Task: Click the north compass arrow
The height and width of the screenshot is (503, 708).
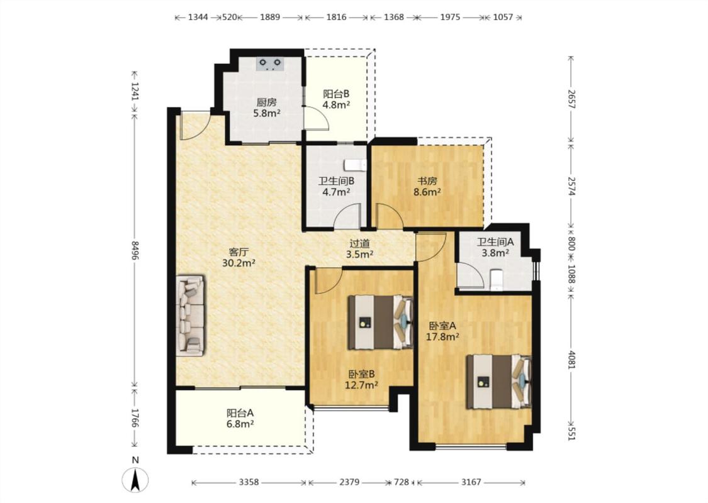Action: [x=135, y=480]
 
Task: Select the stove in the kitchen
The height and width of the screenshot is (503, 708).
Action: [x=269, y=64]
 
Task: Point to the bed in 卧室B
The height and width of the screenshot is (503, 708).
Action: [x=381, y=322]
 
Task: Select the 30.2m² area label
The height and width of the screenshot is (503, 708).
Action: [x=239, y=263]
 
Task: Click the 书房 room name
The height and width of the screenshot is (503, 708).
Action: [x=427, y=181]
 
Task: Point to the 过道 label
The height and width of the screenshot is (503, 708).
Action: [x=359, y=243]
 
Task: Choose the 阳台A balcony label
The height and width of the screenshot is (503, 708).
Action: [x=240, y=413]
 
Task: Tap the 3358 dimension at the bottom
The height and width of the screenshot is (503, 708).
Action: [x=249, y=482]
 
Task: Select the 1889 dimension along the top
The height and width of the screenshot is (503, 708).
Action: [x=270, y=17]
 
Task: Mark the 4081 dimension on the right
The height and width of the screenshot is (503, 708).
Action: [x=571, y=360]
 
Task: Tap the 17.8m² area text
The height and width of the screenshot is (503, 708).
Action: [x=443, y=336]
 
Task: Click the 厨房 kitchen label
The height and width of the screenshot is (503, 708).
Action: [x=266, y=102]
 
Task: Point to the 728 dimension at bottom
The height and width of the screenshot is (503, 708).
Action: [x=401, y=482]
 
